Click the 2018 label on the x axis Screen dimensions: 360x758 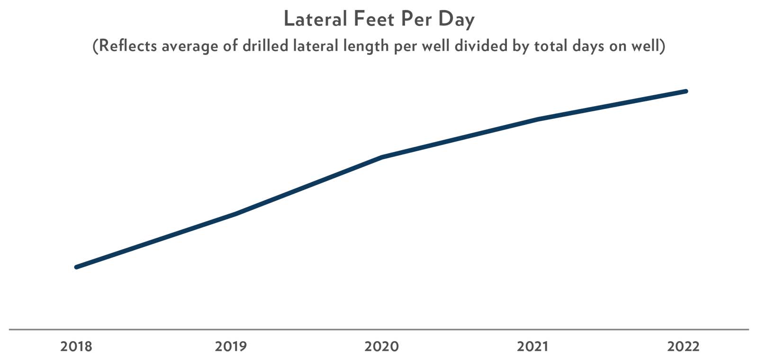77,347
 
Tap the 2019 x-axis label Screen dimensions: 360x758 231,347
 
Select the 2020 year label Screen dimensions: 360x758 381,347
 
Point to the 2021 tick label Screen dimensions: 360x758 532,347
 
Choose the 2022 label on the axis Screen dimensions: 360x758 683,347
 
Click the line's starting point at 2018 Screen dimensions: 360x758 77,267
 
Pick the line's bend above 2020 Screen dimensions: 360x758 382,157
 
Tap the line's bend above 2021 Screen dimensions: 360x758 538,119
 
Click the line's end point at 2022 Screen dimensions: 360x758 686,91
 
